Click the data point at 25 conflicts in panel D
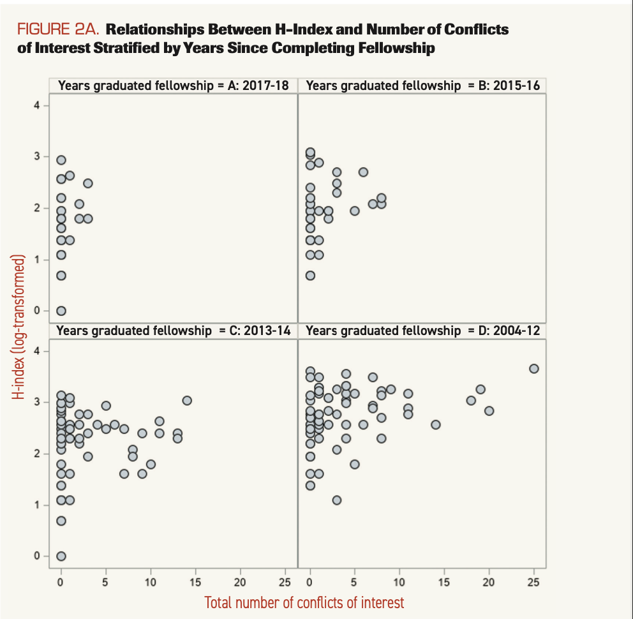click(534, 368)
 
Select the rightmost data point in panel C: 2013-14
click(187, 400)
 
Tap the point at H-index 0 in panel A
click(61, 311)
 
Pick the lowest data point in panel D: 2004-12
click(337, 500)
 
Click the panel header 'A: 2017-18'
click(173, 86)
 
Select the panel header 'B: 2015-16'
click(422, 86)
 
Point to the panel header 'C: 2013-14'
click(173, 331)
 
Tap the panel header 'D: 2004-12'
click(422, 331)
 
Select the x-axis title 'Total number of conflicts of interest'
click(304, 602)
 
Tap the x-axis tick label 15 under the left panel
click(196, 582)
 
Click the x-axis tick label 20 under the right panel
click(489, 582)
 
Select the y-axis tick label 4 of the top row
click(38, 105)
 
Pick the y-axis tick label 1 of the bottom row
click(38, 505)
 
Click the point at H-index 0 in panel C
click(61, 556)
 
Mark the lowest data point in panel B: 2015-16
click(310, 276)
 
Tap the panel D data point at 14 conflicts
click(436, 424)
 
